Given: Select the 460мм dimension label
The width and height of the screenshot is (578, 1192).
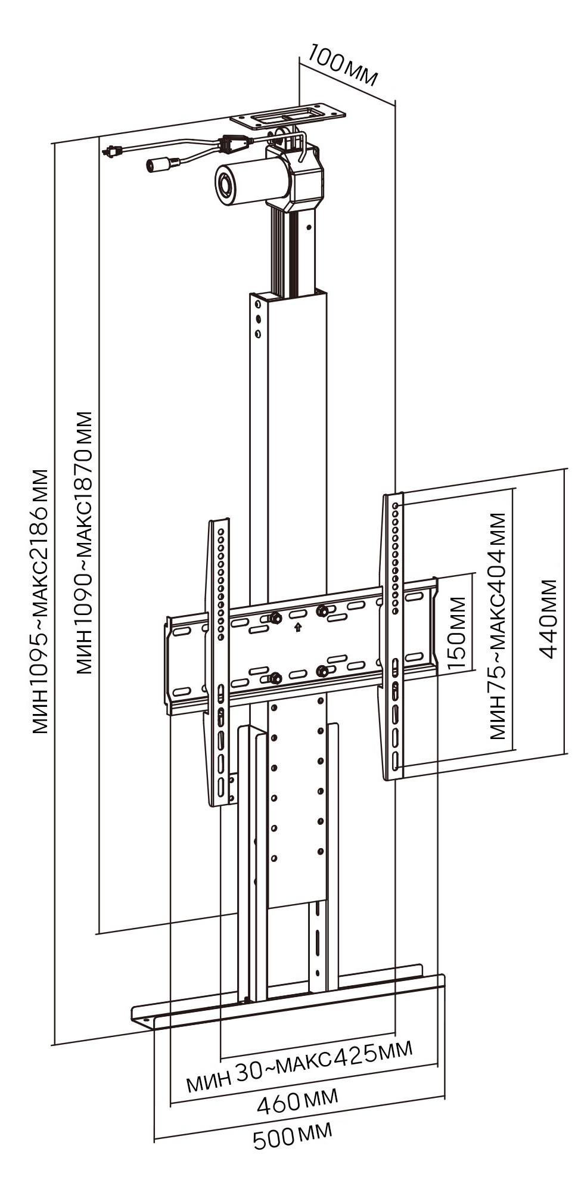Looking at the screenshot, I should coord(297,1100).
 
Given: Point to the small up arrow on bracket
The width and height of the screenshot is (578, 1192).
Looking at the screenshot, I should coord(297,626).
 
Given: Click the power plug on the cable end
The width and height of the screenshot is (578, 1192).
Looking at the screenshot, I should coord(111,151).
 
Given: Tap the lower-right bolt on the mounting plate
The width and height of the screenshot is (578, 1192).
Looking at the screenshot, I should coord(322,671).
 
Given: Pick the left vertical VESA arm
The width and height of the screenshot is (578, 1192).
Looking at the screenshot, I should coord(219,662).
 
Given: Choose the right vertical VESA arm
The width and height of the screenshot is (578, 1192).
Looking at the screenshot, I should coord(394,635).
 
